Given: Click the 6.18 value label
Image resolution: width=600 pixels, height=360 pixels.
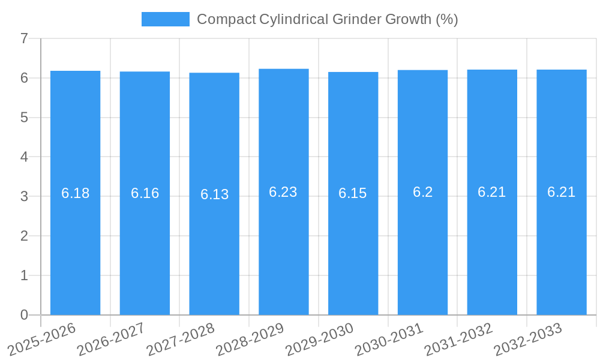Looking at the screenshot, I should pos(76,193).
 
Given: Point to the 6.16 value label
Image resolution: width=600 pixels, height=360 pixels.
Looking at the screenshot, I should pos(145,193).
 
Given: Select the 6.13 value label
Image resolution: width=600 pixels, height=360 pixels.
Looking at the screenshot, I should pos(214,194).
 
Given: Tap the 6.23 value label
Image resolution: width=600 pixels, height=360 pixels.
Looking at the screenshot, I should pos(283,192).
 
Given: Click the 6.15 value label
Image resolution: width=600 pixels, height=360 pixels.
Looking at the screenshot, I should pos(353,193).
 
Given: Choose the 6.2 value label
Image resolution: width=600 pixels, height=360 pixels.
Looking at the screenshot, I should pos(422,192).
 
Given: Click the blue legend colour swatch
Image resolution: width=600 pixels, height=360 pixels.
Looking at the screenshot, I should pos(165,19).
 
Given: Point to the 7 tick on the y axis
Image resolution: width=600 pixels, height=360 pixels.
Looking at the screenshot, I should pos(24,38).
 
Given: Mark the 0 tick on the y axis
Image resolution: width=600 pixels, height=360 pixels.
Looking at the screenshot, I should pos(24,315).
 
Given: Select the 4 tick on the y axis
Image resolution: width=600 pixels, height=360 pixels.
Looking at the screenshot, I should pos(24,157).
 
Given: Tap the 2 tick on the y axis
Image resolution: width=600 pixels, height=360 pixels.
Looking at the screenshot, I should pos(24,236).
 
